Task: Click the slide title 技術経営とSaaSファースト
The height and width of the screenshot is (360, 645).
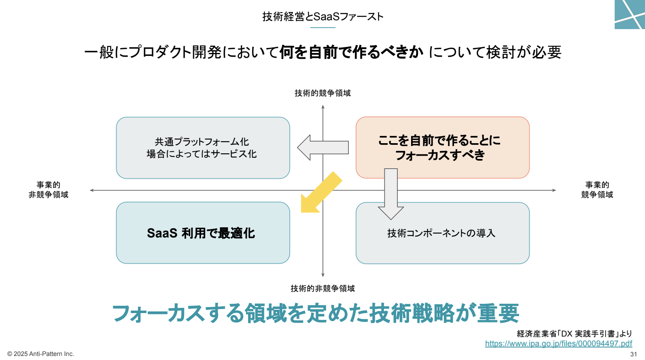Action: click(322, 17)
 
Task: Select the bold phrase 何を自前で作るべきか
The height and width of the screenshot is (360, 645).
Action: click(351, 52)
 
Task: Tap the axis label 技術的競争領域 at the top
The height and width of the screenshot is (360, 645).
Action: click(322, 93)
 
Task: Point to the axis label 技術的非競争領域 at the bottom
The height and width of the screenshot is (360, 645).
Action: click(322, 288)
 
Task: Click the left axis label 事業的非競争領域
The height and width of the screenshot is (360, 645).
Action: click(49, 190)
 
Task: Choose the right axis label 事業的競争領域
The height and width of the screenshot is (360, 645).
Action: click(597, 190)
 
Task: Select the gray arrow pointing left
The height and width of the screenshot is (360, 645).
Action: click(323, 147)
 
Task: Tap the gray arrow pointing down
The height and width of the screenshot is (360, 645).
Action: click(391, 194)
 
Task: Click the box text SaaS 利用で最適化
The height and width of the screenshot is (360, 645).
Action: click(201, 233)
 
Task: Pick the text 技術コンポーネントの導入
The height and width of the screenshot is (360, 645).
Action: click(441, 233)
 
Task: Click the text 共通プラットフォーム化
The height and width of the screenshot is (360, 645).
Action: click(202, 142)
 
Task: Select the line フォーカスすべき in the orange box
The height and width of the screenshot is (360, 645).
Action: click(440, 155)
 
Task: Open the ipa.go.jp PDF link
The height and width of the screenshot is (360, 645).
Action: click(559, 343)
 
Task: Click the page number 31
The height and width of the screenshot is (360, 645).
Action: click(634, 354)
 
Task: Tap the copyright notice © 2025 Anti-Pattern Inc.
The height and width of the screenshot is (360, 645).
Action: click(40, 354)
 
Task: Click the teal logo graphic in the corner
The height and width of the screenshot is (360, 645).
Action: click(630, 15)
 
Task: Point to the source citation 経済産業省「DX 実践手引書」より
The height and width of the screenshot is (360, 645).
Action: click(575, 334)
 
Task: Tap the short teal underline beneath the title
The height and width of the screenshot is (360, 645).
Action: click(323, 28)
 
